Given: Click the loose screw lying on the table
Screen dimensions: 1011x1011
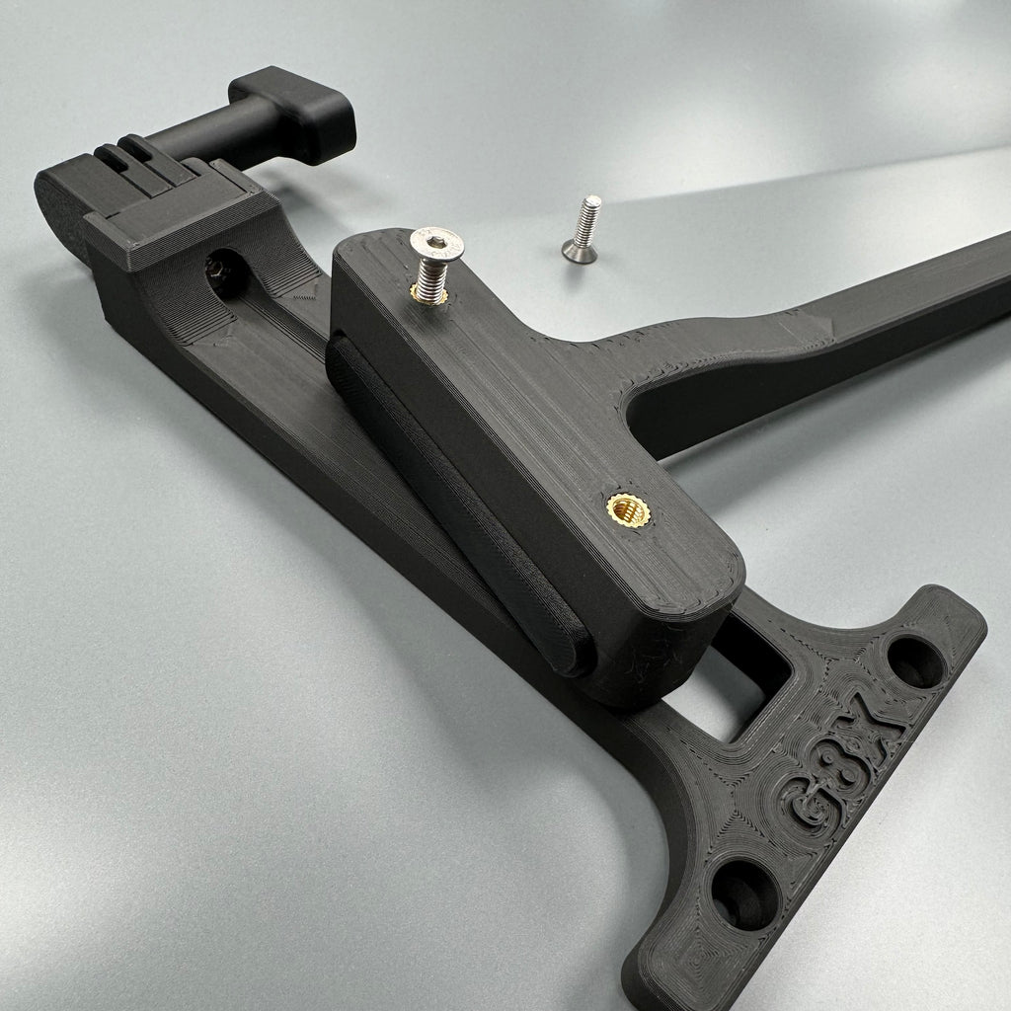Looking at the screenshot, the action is pos(582,229).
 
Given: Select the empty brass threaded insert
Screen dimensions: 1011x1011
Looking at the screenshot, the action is pos(628,510).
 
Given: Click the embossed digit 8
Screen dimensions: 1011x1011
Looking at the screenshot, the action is pos(839,757).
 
